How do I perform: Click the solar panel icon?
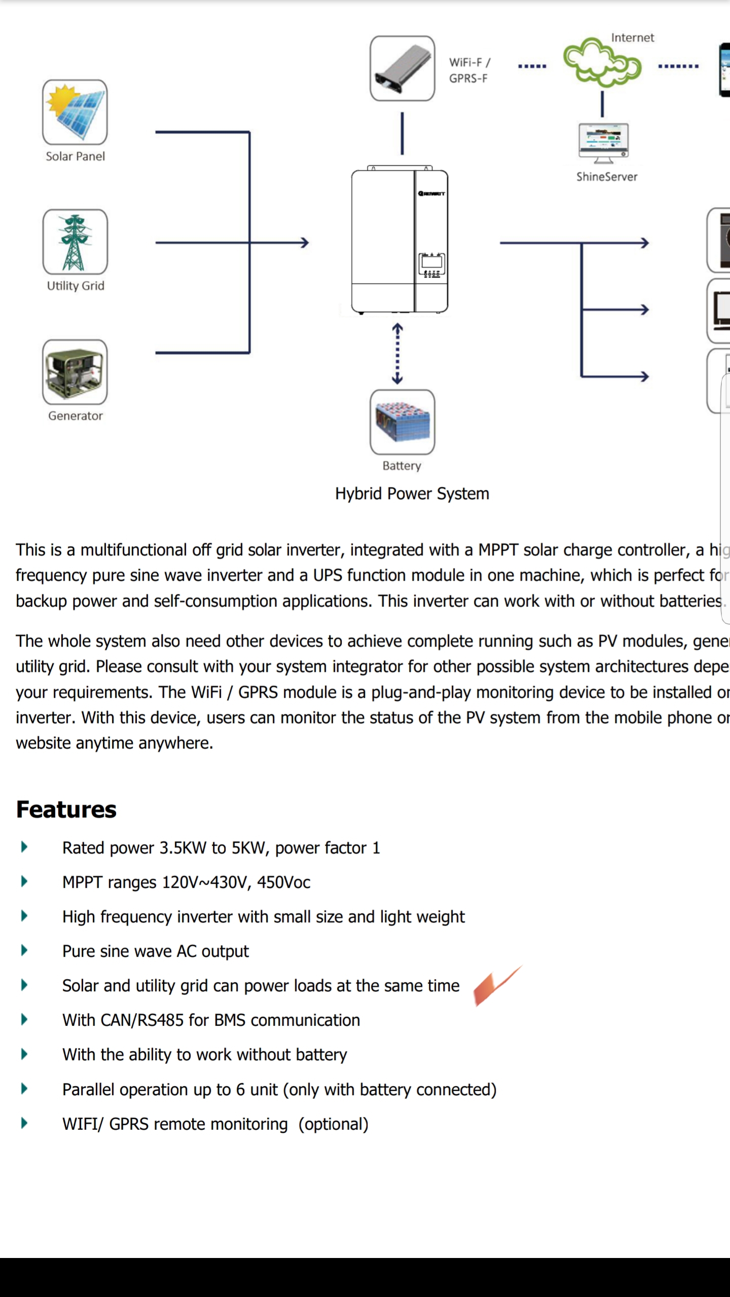pos(75,112)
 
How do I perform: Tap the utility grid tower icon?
pos(75,242)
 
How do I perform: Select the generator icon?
pos(75,372)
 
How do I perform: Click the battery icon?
pos(402,422)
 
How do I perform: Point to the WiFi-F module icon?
pos(402,68)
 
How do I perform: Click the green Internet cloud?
pos(602,63)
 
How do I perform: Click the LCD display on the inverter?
pos(431,262)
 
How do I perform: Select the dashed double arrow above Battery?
pos(397,354)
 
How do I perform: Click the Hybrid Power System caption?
pos(412,493)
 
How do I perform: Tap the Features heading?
pos(66,810)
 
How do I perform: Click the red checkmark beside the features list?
pos(496,985)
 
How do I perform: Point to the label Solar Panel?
pos(75,156)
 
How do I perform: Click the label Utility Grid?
pos(76,286)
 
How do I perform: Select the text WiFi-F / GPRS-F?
pos(469,70)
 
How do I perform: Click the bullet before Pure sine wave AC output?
pos(24,950)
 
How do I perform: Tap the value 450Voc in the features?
pos(283,883)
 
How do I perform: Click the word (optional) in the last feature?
pos(333,1124)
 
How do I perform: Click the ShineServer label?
pos(606,177)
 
